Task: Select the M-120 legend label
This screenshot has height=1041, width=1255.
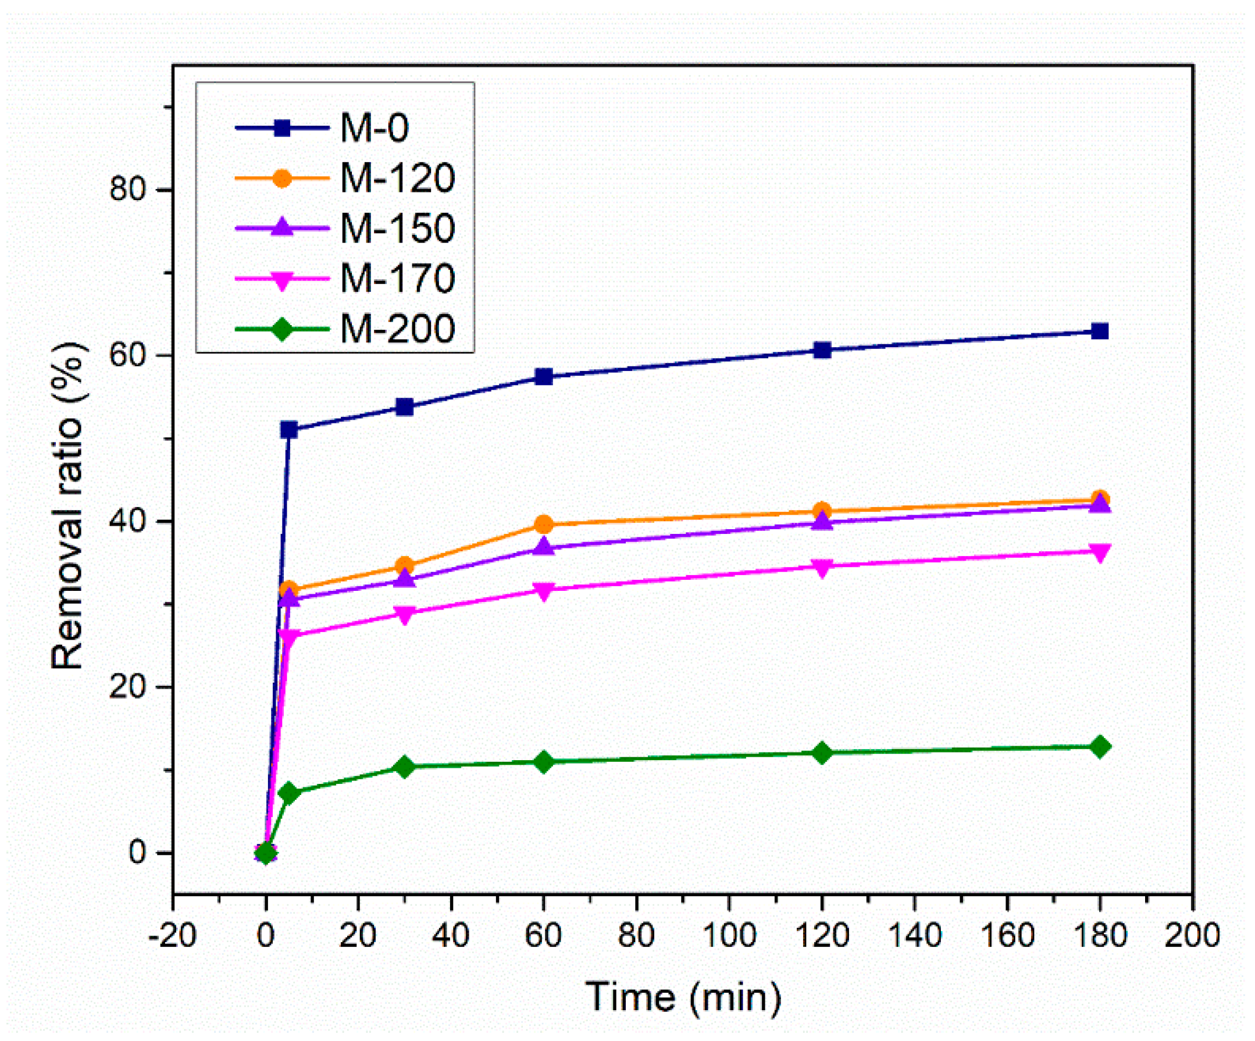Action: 397,178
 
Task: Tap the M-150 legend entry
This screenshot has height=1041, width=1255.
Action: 397,229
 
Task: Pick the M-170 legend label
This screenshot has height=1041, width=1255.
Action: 397,279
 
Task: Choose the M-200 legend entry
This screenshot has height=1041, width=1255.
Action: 397,329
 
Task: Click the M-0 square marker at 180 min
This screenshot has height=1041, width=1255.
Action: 1100,331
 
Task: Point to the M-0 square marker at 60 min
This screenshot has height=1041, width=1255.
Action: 544,376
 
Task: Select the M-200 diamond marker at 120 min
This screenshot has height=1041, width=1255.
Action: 822,753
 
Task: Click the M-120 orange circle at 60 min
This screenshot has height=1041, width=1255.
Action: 544,525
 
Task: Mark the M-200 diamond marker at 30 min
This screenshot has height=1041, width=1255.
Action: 405,767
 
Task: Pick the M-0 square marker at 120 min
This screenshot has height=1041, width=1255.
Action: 822,350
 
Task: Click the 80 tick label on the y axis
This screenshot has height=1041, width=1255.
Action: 127,190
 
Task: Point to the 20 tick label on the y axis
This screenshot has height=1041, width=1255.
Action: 127,687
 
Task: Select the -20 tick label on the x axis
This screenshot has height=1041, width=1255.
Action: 172,935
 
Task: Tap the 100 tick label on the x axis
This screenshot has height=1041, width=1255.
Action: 729,935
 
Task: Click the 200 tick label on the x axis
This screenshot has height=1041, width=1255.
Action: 1192,935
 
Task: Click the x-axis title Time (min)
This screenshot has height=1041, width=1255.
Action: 683,997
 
